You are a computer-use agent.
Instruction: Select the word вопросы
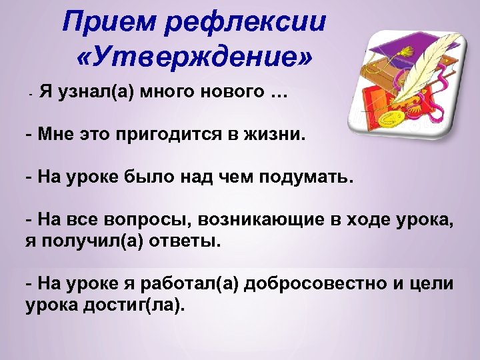coord(137,221)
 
